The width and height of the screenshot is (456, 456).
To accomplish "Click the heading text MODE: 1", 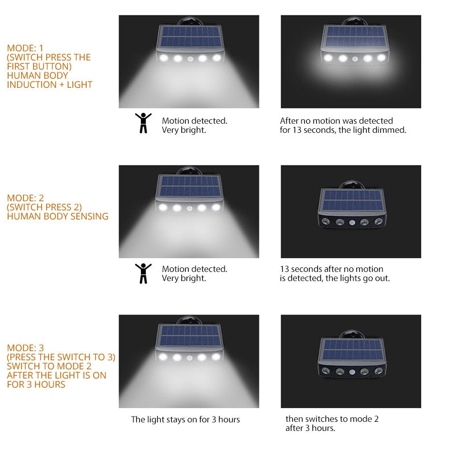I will click(25, 48).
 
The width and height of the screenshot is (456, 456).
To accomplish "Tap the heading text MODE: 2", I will click(25, 198).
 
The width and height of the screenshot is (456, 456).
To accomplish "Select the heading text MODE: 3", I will click(25, 348).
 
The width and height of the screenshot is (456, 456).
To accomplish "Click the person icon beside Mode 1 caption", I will click(143, 123).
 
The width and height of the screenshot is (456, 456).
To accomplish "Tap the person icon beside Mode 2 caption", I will click(143, 273).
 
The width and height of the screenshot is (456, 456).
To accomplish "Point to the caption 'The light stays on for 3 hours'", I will click(185, 420).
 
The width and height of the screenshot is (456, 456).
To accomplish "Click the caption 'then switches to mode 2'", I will click(332, 419).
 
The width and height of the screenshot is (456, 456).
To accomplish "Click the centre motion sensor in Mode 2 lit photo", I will click(189, 208).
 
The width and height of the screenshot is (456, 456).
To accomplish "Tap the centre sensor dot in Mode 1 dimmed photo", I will click(355, 58).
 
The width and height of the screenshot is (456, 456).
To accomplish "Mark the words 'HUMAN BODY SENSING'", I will click(58, 216).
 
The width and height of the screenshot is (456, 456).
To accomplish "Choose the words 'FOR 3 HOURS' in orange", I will click(36, 384).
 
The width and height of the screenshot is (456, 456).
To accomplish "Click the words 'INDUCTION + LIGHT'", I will click(50, 84).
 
